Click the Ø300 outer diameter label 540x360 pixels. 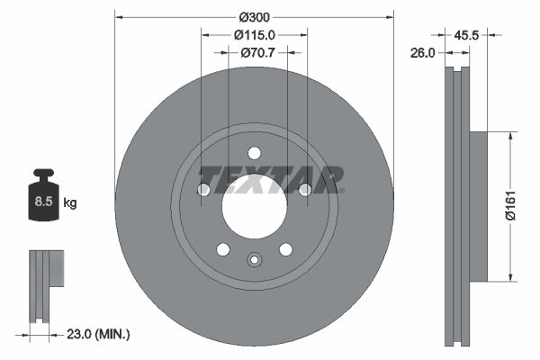(x=255, y=15)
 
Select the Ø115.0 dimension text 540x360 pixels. (x=254, y=34)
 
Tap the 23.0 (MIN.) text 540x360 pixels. (x=99, y=334)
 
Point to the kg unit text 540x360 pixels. (x=70, y=202)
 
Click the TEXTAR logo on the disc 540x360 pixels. (x=271, y=179)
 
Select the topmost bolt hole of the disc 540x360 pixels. (x=255, y=152)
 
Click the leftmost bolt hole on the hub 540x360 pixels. (x=203, y=189)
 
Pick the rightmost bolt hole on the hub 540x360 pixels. (x=305, y=189)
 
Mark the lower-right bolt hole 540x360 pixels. (x=285, y=249)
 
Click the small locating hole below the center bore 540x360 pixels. (x=255, y=260)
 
